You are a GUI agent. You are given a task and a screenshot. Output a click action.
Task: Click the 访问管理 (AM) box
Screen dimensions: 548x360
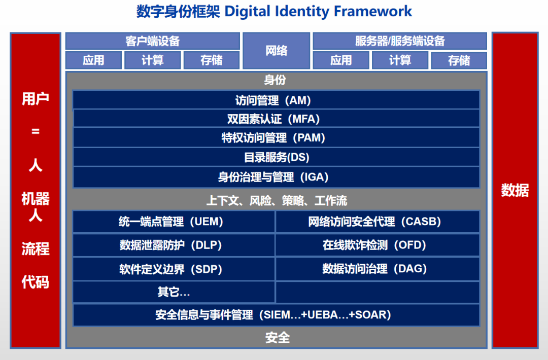pyautogui.click(x=276, y=100)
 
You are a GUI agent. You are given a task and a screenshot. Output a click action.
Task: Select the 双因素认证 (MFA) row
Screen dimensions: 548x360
pyautogui.click(x=276, y=119)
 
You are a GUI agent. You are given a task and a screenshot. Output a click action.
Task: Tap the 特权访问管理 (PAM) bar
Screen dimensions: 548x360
pyautogui.click(x=276, y=137)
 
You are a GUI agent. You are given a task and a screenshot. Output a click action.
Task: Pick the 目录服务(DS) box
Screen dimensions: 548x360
pyautogui.click(x=276, y=157)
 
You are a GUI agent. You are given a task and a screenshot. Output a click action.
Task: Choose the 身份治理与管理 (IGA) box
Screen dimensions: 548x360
pyautogui.click(x=276, y=177)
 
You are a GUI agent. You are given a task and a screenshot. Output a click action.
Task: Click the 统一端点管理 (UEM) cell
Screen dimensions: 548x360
pyautogui.click(x=174, y=222)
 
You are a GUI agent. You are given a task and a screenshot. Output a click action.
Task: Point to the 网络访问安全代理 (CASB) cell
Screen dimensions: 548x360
pyautogui.click(x=378, y=222)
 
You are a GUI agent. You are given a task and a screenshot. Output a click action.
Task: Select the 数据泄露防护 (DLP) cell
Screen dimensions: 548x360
pyautogui.click(x=174, y=245)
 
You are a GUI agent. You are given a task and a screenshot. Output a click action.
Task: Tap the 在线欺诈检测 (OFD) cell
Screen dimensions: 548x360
pyautogui.click(x=378, y=245)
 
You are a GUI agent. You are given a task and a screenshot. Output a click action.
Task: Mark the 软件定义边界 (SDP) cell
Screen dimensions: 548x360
pyautogui.click(x=174, y=269)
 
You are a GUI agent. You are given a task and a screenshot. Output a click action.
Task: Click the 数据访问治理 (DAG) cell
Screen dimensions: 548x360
pyautogui.click(x=378, y=269)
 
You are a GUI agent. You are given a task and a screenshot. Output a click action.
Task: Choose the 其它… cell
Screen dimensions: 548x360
pyautogui.click(x=174, y=292)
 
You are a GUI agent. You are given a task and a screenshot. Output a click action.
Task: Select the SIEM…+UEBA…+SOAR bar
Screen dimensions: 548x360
pyautogui.click(x=276, y=315)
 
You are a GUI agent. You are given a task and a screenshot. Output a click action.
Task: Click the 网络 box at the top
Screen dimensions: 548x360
pyautogui.click(x=276, y=51)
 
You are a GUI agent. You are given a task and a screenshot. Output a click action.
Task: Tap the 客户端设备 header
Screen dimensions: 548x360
pyautogui.click(x=152, y=41)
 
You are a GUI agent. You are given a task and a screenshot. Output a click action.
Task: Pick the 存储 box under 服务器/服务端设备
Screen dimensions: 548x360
pyautogui.click(x=459, y=60)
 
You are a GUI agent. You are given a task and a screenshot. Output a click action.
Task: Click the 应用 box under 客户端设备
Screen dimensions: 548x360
pyautogui.click(x=93, y=60)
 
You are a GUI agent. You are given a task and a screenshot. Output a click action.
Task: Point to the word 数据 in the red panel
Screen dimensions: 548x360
pyautogui.click(x=515, y=190)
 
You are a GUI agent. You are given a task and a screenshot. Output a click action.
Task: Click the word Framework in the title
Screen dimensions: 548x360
pyautogui.click(x=373, y=11)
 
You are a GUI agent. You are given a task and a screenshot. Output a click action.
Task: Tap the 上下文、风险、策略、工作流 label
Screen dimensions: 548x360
pyautogui.click(x=276, y=201)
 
